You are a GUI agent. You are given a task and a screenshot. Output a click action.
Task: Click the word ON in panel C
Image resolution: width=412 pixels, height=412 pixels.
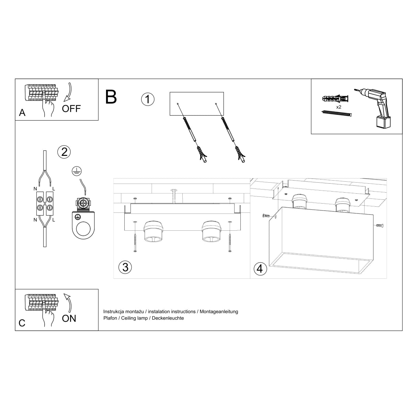(69, 318)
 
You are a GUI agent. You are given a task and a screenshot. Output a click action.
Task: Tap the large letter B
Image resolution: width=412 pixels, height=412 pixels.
(111, 97)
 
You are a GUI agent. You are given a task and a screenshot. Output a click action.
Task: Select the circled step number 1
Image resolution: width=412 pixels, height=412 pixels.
(148, 100)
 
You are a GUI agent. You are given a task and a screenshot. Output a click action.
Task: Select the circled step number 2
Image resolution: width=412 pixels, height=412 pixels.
(64, 152)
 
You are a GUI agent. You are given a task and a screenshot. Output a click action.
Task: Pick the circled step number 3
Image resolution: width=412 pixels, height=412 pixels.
(125, 267)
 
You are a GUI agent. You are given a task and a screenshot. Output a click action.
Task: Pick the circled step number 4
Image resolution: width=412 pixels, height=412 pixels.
(260, 268)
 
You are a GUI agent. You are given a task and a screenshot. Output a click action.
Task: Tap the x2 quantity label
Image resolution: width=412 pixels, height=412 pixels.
(339, 107)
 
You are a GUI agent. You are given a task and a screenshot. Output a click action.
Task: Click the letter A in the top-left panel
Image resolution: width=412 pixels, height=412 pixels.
(22, 113)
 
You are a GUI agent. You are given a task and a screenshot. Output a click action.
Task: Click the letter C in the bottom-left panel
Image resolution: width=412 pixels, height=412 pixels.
(22, 323)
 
